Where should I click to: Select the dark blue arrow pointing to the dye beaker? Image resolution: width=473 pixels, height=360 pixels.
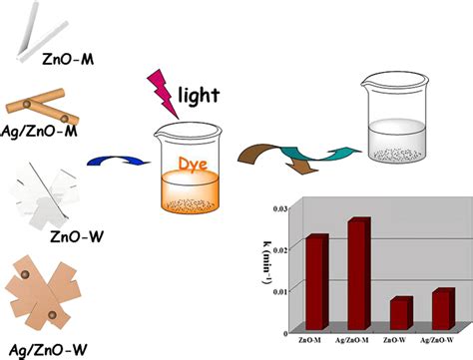click(107, 157)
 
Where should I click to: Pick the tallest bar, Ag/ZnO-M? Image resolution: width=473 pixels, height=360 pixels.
click(358, 272)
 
